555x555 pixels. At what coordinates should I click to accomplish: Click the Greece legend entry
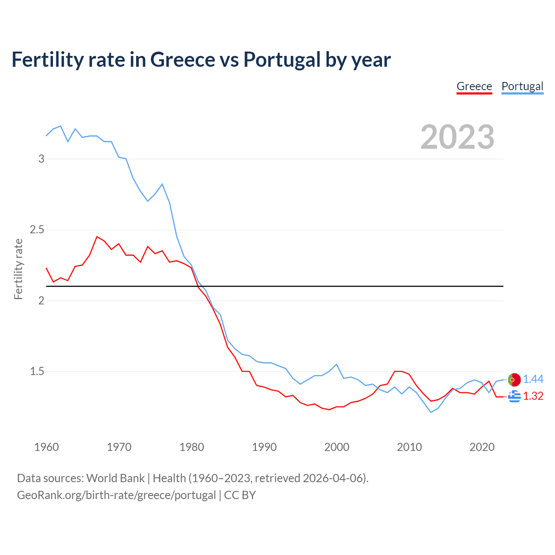474,86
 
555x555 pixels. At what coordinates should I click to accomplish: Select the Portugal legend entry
522,86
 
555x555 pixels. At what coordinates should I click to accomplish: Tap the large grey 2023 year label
457,137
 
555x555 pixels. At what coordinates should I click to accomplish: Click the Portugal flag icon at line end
514,379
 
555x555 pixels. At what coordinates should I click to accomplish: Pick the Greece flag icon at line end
514,396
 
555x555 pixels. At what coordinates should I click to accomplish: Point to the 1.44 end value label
533,379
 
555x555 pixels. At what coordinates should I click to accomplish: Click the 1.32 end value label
533,396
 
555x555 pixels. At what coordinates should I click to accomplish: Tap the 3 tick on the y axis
42,159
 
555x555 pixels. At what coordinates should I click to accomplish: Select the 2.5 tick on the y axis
37,230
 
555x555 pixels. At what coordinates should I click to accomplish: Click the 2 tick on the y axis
42,300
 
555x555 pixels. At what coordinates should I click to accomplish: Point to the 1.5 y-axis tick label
37,372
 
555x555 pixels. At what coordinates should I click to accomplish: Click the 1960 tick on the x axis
46,447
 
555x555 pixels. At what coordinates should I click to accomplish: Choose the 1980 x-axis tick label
192,447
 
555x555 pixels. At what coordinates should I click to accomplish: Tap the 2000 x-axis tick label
336,447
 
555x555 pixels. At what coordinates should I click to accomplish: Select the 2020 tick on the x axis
482,447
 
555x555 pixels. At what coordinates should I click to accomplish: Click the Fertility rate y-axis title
18,269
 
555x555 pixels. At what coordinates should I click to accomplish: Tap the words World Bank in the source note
115,478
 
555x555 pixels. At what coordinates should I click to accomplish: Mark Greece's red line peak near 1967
97,237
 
